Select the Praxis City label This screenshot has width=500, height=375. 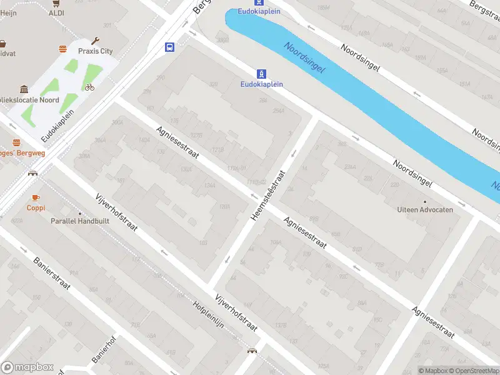pyautogui.click(x=95, y=51)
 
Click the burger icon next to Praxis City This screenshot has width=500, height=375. pyautogui.click(x=62, y=49)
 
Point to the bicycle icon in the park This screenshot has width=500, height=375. pyautogui.click(x=89, y=87)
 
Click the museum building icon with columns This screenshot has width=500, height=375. pyautogui.click(x=24, y=89)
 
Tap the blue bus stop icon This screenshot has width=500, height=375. pyautogui.click(x=169, y=47)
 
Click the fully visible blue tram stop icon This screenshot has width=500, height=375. pyautogui.click(x=262, y=74)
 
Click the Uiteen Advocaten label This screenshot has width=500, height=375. pyautogui.click(x=425, y=210)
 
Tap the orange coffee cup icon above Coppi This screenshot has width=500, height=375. pyautogui.click(x=36, y=197)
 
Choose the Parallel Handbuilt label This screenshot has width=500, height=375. pyautogui.click(x=76, y=221)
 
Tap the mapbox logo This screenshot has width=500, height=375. pyautogui.click(x=27, y=367)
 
